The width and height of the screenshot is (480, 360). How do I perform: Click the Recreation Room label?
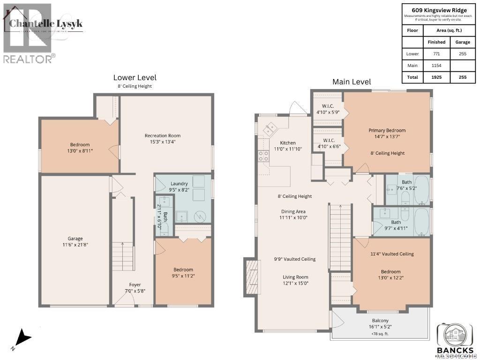162,135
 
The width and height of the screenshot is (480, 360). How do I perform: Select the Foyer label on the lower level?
135,285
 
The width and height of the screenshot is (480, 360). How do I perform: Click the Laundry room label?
179,183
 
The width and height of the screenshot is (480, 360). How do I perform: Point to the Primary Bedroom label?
387,130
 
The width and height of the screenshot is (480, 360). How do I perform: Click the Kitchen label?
288,143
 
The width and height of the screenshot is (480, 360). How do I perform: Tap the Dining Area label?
293,211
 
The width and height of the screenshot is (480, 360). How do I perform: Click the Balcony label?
380,321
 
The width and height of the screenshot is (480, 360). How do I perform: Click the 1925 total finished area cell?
436,77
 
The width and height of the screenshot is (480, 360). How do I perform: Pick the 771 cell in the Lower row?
436,54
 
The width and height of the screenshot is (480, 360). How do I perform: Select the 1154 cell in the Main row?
436,66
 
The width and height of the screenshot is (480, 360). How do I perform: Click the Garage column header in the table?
462,42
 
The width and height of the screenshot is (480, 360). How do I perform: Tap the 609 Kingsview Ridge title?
439,10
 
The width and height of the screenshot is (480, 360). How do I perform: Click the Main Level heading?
352,82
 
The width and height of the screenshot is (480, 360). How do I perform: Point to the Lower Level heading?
135,77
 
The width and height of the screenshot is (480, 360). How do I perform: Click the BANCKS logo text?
455,350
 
